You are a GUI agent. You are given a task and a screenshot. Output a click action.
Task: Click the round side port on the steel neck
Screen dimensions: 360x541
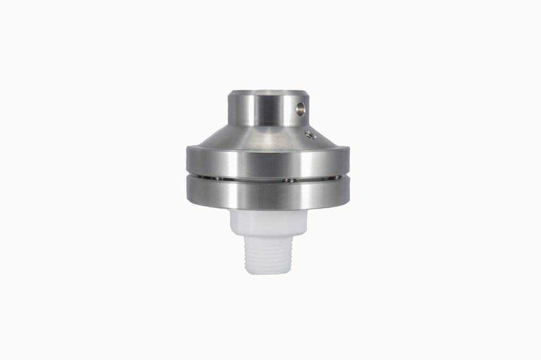[300, 109]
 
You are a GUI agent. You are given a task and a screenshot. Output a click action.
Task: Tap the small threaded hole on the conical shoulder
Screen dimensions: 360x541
[311, 135]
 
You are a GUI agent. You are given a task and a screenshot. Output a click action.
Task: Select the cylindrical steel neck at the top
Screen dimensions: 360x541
[264, 110]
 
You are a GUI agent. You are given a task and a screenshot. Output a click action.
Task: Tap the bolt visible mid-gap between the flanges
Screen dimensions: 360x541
[289, 180]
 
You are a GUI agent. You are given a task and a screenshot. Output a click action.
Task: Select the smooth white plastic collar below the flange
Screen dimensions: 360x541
[268, 222]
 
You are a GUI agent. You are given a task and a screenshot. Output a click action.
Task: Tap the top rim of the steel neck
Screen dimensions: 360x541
[268, 93]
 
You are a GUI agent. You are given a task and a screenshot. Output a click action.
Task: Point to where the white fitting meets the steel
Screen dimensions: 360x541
[268, 210]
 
